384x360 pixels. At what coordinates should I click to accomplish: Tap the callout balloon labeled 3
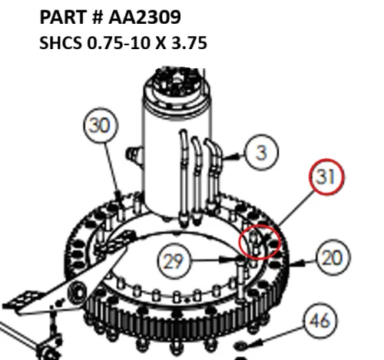[x=262, y=153]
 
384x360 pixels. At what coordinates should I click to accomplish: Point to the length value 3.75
[x=188, y=44]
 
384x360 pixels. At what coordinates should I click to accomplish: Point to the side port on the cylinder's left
[x=136, y=157]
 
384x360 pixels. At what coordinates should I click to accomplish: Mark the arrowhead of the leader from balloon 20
[x=301, y=262]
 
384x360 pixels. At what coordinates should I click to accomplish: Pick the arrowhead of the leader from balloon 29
[x=234, y=262]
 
